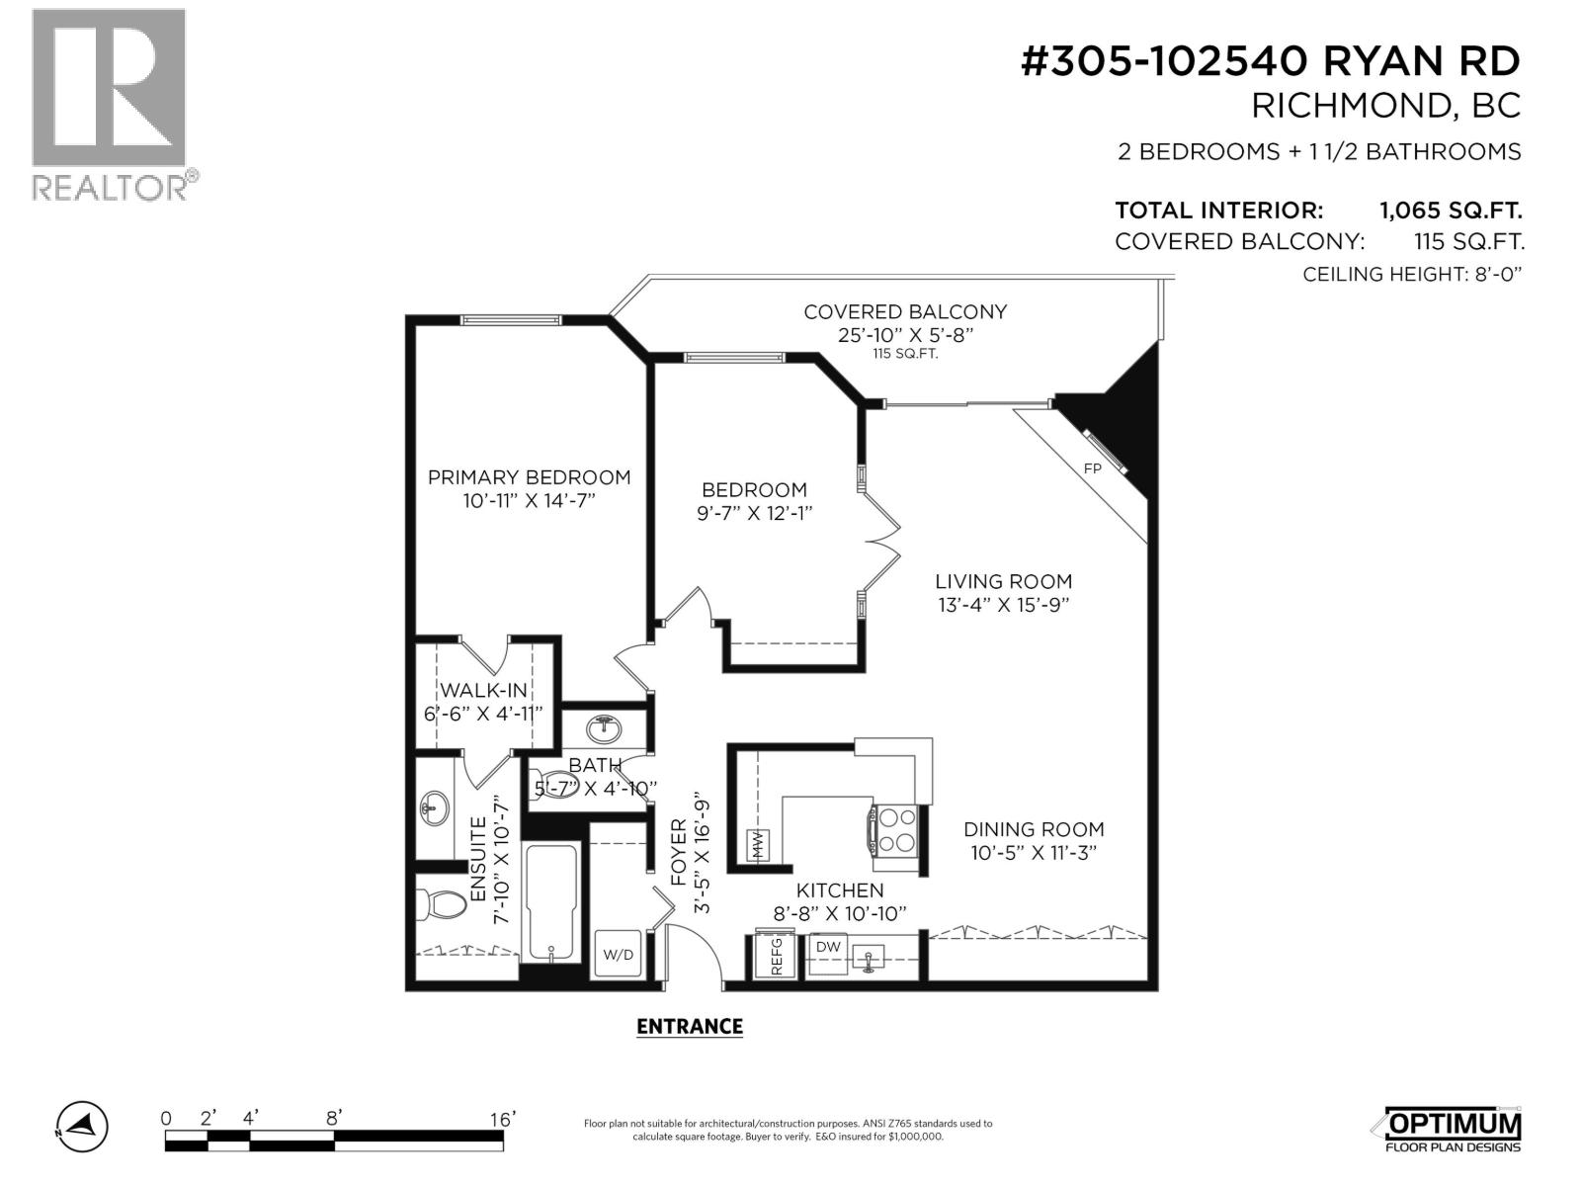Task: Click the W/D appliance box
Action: click(619, 955)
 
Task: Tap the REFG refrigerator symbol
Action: click(776, 956)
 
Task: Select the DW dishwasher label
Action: click(828, 947)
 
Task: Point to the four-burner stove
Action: click(896, 830)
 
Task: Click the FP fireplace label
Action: click(1092, 468)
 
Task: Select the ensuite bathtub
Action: click(550, 902)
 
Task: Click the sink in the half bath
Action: click(604, 729)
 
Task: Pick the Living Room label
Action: click(1004, 582)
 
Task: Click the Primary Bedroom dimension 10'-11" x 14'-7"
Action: click(529, 501)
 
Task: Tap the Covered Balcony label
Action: click(905, 312)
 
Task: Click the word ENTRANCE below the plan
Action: click(690, 1027)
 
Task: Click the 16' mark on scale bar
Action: click(502, 1119)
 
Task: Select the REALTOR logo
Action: click(110, 104)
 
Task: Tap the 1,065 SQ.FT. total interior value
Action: click(1451, 211)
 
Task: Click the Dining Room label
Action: click(1034, 830)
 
